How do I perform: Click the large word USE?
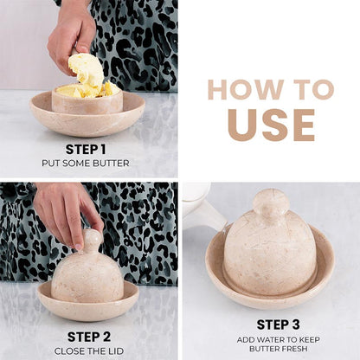(x=271, y=123)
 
